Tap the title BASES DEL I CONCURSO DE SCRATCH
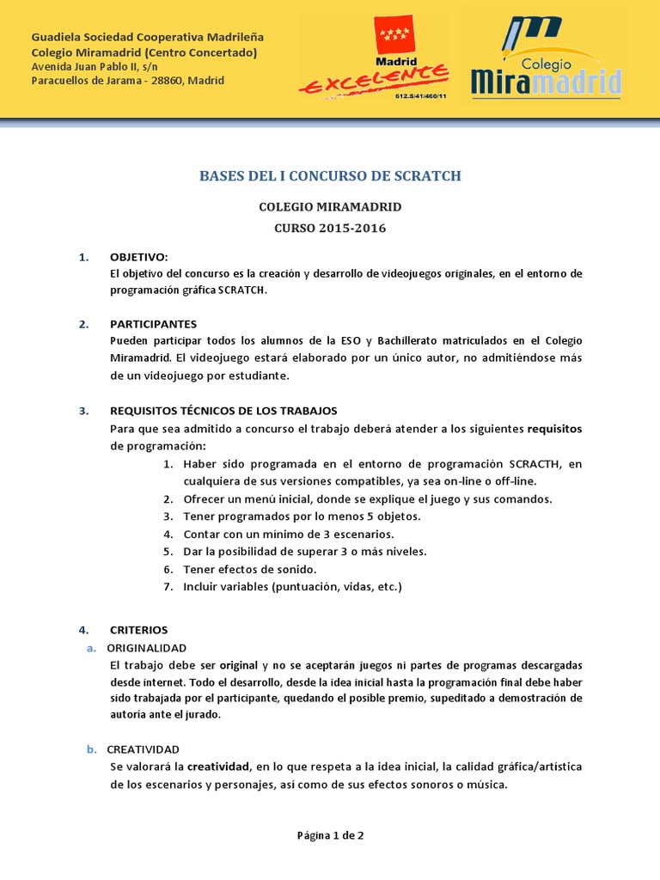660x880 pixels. pyautogui.click(x=330, y=175)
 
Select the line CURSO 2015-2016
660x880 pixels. pyautogui.click(x=330, y=229)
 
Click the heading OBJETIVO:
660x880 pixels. pyautogui.click(x=138, y=257)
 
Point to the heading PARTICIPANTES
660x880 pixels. pyautogui.click(x=153, y=324)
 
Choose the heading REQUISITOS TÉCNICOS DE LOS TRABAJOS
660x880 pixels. pyautogui.click(x=223, y=411)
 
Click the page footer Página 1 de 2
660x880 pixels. pyautogui.click(x=330, y=834)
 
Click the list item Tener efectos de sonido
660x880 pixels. pyautogui.click(x=249, y=569)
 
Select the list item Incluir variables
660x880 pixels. pyautogui.click(x=292, y=587)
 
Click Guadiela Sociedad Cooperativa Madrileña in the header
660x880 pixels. pyautogui.click(x=148, y=38)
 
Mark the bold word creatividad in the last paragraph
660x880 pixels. pyautogui.click(x=218, y=767)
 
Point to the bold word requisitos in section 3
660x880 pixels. pyautogui.click(x=554, y=428)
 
